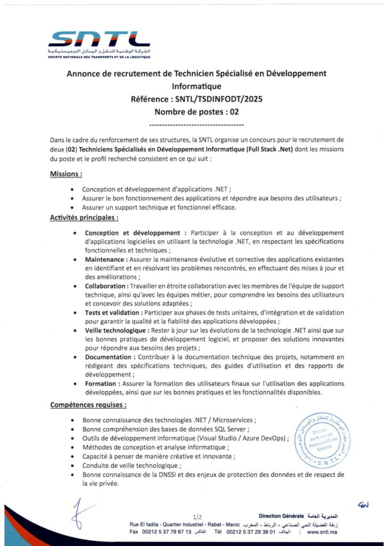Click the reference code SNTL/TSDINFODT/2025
[219, 99]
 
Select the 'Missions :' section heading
[66, 174]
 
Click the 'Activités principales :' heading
[84, 218]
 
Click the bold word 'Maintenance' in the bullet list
[104, 260]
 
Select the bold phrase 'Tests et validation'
[112, 312]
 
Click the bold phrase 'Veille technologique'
[116, 331]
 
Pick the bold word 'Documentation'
[108, 357]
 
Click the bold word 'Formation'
[100, 383]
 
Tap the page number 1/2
[198, 517]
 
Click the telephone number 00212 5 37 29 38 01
[251, 532]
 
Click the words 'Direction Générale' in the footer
[281, 516]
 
